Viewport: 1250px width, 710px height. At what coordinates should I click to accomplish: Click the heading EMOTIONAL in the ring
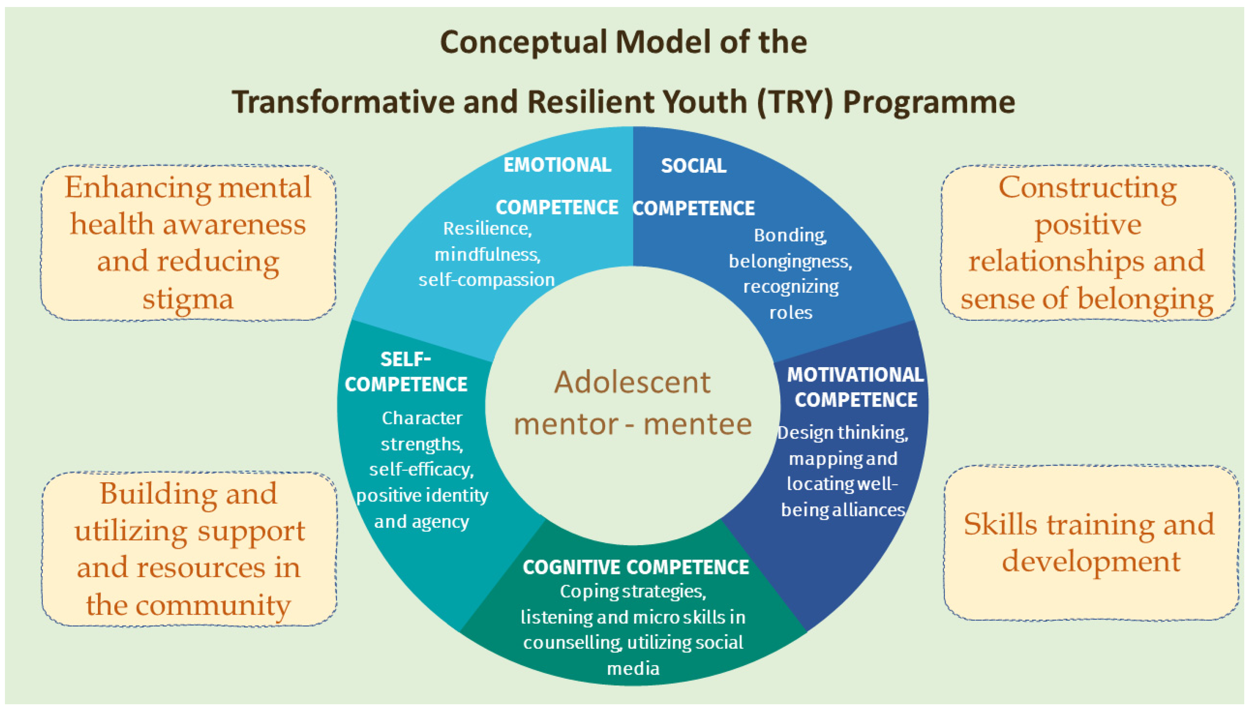557,165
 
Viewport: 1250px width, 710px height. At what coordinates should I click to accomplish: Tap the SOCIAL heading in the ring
693,166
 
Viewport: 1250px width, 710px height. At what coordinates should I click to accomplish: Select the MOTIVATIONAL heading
856,375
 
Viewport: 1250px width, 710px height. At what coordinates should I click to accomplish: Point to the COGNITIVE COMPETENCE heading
635,567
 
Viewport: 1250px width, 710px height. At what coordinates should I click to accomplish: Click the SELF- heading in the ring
405,359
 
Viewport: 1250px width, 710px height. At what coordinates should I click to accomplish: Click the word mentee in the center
698,424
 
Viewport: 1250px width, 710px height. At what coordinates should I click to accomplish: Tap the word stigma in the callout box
188,299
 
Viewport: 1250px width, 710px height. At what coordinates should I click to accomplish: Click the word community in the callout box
213,605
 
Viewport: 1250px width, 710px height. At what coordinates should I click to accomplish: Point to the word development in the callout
1091,561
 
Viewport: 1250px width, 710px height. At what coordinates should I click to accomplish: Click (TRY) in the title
795,102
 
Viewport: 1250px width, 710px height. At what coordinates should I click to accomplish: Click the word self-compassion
486,280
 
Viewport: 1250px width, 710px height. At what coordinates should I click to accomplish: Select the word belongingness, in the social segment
790,261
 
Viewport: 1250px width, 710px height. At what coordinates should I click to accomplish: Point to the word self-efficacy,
421,469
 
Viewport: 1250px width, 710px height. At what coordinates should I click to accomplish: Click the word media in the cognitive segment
633,668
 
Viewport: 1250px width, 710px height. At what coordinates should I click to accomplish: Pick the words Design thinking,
842,432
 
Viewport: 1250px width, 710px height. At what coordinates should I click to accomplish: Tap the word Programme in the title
929,102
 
